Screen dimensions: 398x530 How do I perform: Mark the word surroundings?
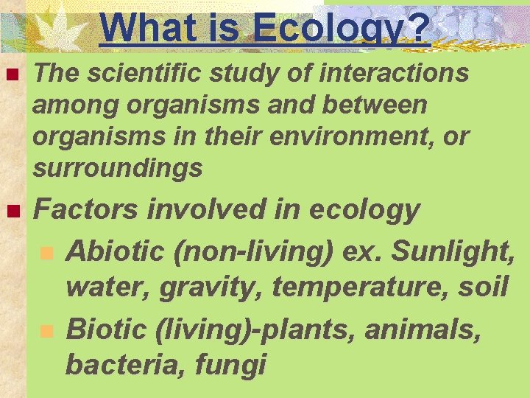click(118, 169)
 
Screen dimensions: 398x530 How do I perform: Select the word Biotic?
click(105, 329)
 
